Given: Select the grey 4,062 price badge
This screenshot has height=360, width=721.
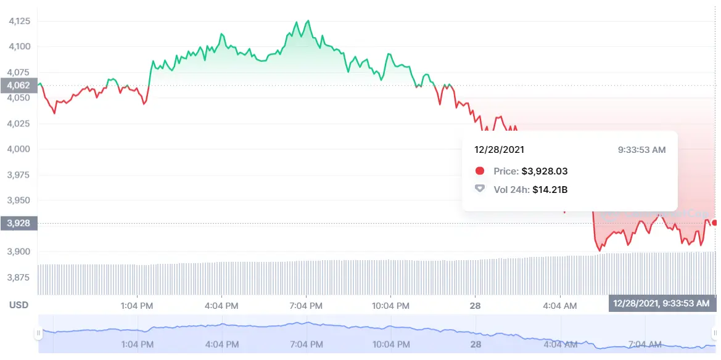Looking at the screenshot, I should (x=19, y=86).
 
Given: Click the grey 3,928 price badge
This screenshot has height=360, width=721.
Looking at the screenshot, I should (x=19, y=223).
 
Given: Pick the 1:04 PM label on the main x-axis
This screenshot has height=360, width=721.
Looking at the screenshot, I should (x=137, y=305).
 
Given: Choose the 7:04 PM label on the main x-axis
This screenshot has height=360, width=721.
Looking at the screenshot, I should (x=306, y=305).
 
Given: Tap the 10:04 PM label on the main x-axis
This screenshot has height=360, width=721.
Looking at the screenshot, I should (x=390, y=305).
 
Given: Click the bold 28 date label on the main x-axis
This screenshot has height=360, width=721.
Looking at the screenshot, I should (x=476, y=305).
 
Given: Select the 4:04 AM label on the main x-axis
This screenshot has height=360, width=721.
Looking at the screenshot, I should (x=560, y=305).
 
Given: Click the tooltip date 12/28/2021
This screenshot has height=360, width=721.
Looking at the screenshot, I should (x=500, y=150).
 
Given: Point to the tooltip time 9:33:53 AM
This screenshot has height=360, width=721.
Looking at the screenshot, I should (x=641, y=150).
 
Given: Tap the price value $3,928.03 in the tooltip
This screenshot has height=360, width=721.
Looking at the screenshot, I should (x=544, y=171).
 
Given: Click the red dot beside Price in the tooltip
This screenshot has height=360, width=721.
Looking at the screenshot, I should (x=480, y=171).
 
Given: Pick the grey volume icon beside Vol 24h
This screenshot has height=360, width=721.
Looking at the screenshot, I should (x=480, y=189).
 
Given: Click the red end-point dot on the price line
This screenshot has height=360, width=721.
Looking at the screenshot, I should (x=714, y=223).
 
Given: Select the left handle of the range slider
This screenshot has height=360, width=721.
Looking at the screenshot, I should (x=38, y=333).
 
